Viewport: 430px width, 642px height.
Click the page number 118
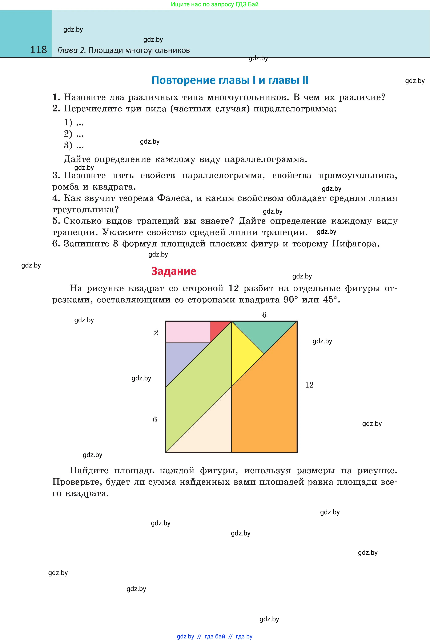point(38,50)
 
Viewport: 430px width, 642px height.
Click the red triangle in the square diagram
point(218,329)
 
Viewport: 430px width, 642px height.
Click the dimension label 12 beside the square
point(309,385)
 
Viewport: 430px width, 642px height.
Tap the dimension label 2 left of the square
point(156,333)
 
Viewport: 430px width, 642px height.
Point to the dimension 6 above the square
point(264,315)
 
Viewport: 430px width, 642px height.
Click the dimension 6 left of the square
point(155,420)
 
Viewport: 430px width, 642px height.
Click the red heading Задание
point(174,271)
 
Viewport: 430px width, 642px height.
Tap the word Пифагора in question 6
point(355,244)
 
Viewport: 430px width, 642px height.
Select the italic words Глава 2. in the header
point(72,50)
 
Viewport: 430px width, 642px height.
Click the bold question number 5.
point(56,221)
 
